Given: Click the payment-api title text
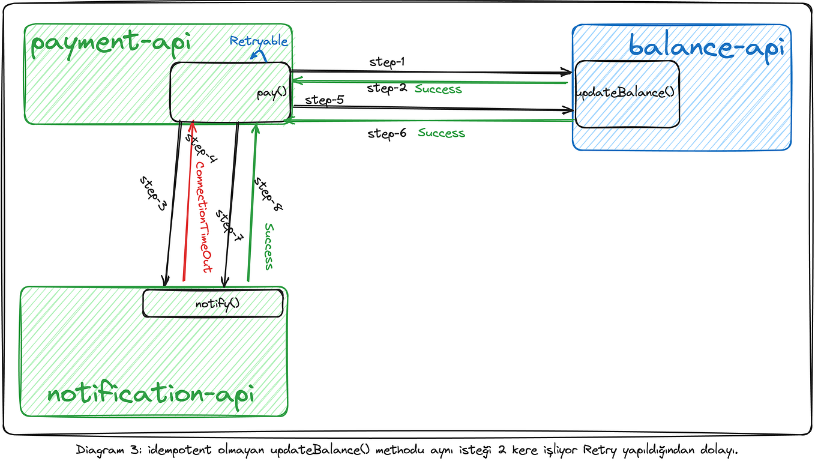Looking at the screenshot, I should coord(110,45).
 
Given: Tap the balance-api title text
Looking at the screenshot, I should coord(706,47).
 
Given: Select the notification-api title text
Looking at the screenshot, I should coord(151,394).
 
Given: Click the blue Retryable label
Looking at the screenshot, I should coord(259,41).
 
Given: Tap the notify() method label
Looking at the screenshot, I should coord(217,304).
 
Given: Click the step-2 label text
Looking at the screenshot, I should coord(387,88).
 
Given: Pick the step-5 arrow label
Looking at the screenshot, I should coord(324,100).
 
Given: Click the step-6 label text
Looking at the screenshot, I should coord(387,133).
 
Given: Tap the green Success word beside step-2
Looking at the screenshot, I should coord(438,89).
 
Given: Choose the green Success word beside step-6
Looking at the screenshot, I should coord(441,133).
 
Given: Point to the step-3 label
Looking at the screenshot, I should coord(154,193).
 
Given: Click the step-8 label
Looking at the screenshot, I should coord(267,193).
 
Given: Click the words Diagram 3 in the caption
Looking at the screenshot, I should coord(108,449).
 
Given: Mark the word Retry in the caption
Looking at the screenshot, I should coord(593,449).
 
